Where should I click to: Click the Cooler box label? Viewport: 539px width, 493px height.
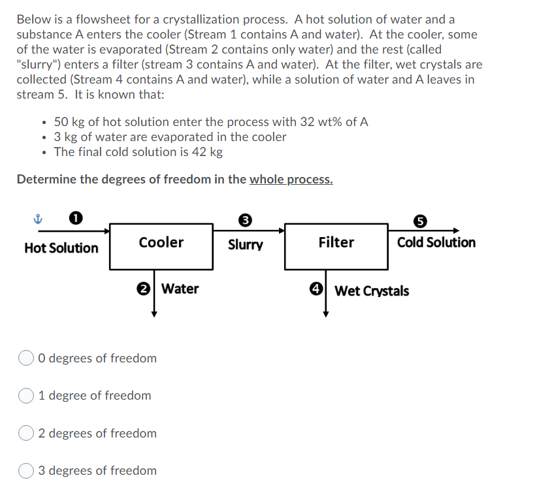point(161,242)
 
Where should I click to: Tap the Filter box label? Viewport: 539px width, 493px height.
point(336,242)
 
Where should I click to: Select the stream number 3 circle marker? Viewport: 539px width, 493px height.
point(245,220)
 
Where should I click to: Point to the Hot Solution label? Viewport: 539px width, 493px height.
point(61,248)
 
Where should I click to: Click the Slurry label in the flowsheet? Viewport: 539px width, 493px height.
point(245,246)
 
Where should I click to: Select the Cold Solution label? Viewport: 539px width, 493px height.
point(436,242)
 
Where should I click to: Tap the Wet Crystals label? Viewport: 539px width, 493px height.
point(372,291)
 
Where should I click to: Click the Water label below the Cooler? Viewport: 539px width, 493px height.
point(180,289)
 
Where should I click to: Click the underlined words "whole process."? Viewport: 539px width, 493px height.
point(291,179)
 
